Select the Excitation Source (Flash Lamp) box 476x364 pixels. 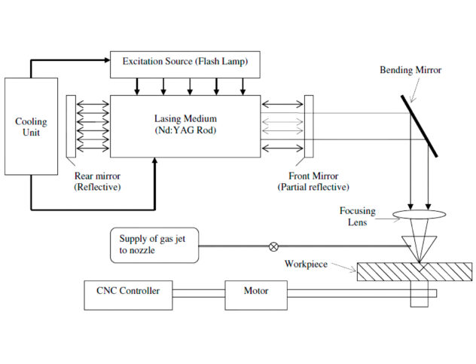click(185, 64)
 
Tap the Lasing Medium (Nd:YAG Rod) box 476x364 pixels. click(185, 127)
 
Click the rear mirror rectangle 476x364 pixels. click(71, 127)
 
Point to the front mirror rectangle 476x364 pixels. click(309, 127)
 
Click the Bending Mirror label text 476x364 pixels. click(410, 69)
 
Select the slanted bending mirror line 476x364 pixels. click(418, 125)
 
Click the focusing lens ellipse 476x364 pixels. click(418, 216)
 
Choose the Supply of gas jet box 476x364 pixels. click(154, 246)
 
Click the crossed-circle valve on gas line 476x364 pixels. click(273, 246)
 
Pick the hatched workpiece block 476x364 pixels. click(414, 271)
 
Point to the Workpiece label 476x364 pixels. click(305, 264)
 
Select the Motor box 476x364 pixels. click(256, 291)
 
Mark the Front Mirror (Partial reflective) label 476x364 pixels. click(313, 181)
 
